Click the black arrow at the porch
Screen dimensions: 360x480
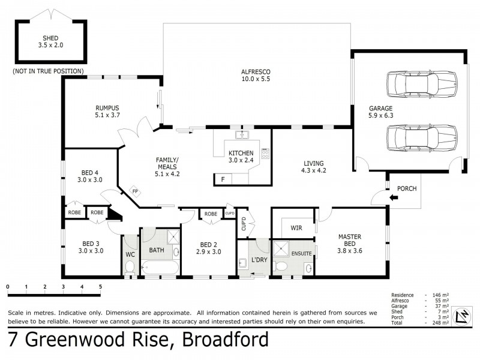point(394,196)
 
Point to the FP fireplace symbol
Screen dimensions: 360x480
point(135,193)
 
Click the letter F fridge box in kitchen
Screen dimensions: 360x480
point(223,179)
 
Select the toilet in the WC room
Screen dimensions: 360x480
point(130,268)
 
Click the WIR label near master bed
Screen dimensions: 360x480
point(296,228)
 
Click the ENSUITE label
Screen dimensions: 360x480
point(301,253)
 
